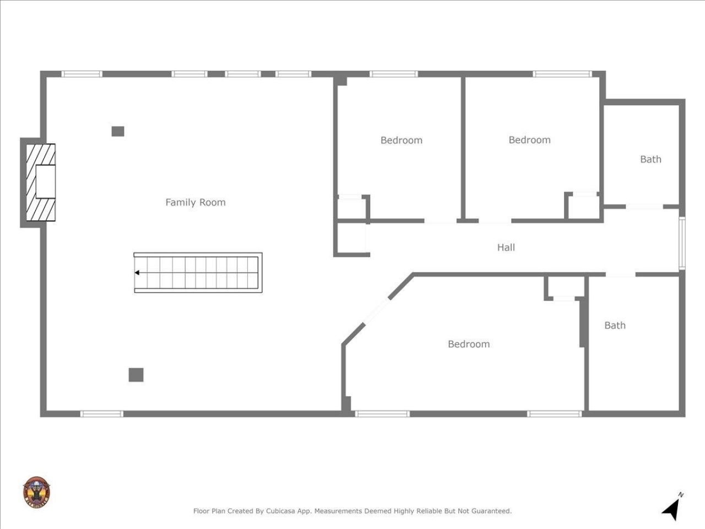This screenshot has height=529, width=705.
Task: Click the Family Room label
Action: coord(196,202)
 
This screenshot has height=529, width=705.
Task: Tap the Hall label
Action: coord(506,247)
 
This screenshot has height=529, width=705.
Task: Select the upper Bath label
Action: coord(650,159)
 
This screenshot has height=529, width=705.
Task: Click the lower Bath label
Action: coord(615,325)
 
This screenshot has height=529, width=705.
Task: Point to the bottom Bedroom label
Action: coord(469,344)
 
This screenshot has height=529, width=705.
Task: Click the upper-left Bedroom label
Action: coord(402,140)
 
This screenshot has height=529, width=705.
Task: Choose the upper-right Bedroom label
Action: coord(529,140)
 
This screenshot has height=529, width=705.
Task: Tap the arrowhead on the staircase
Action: coord(137,272)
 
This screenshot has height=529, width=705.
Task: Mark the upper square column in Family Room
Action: coord(118,131)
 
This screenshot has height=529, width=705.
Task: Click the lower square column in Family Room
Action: coord(136,375)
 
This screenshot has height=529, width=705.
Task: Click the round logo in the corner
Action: coord(36,492)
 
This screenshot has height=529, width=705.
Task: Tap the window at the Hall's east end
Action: coord(681,243)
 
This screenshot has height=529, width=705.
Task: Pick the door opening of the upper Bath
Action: coord(644,207)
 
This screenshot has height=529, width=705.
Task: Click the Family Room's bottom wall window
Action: coord(102,413)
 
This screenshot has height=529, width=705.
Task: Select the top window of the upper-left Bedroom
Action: coord(393,74)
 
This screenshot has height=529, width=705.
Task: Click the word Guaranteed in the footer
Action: coord(491,511)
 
